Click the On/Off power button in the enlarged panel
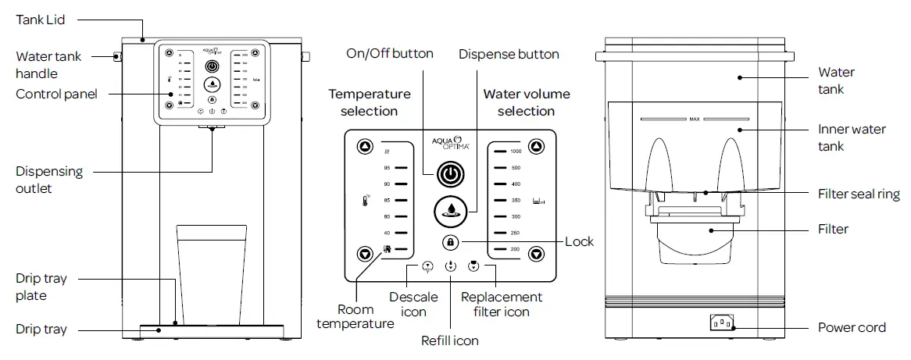click(449, 174)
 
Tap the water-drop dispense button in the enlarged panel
click(449, 209)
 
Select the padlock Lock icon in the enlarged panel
click(450, 242)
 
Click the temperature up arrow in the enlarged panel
click(364, 148)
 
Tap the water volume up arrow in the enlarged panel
click(536, 147)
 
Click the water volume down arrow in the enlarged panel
click(536, 253)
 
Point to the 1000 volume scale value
click(515, 151)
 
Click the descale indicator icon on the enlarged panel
click(427, 266)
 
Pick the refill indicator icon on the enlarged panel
click(450, 266)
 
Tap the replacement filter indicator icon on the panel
click(473, 266)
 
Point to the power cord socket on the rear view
click(721, 322)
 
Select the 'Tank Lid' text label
click(41, 20)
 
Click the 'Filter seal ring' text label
click(857, 194)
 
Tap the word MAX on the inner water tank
click(694, 120)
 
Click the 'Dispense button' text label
click(509, 54)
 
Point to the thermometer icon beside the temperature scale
click(365, 201)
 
